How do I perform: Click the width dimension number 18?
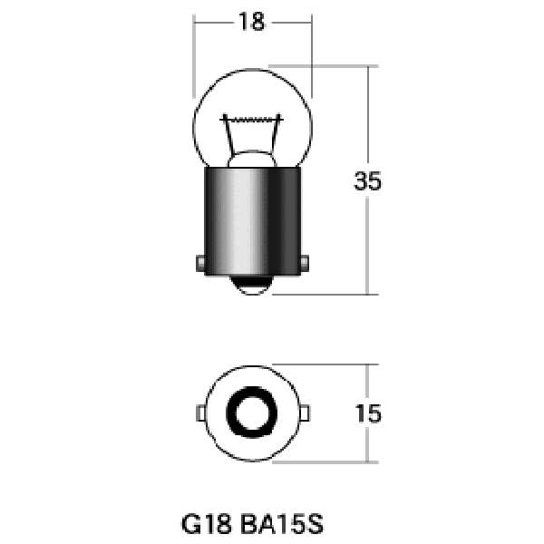tap(252, 23)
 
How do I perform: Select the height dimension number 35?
tap(367, 181)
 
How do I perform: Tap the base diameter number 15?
tap(367, 414)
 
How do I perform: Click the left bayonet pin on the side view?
tap(199, 264)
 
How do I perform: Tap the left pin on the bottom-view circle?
tap(199, 413)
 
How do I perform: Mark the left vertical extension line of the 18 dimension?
tap(194, 54)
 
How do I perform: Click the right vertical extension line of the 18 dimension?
tap(312, 54)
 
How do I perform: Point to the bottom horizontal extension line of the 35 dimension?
tap(326, 294)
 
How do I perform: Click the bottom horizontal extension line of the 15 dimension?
tap(326, 461)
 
